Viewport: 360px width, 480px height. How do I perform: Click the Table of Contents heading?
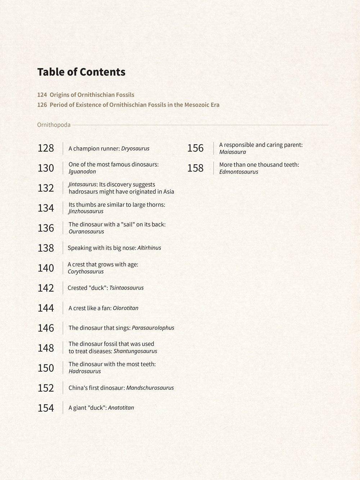pos(81,72)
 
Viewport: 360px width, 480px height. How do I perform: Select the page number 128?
pos(46,148)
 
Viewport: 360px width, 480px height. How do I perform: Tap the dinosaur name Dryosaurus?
pos(135,148)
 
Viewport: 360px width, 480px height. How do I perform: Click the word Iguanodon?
pos(82,172)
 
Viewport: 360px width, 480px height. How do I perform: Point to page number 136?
pos(46,228)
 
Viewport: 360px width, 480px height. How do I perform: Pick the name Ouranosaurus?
pos(86,232)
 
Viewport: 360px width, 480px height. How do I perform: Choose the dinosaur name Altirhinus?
pos(149,248)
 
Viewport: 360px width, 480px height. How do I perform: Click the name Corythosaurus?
pos(86,272)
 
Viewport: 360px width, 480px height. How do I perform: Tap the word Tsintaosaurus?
pos(126,288)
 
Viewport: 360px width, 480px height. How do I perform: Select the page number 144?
pos(46,308)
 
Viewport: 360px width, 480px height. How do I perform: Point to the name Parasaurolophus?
pos(153,328)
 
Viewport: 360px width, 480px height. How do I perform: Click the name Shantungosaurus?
pos(135,351)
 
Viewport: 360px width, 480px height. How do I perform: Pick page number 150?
pos(46,368)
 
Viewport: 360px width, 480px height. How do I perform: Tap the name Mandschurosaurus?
pos(150,388)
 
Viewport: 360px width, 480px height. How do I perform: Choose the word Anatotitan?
pos(121,408)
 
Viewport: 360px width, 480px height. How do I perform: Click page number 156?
pos(195,148)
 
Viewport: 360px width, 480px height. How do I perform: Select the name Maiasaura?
pos(233,152)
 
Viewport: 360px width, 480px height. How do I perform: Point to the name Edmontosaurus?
pos(239,172)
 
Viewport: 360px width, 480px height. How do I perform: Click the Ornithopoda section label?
pos(54,125)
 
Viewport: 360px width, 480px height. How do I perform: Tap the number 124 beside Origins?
pos(42,95)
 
